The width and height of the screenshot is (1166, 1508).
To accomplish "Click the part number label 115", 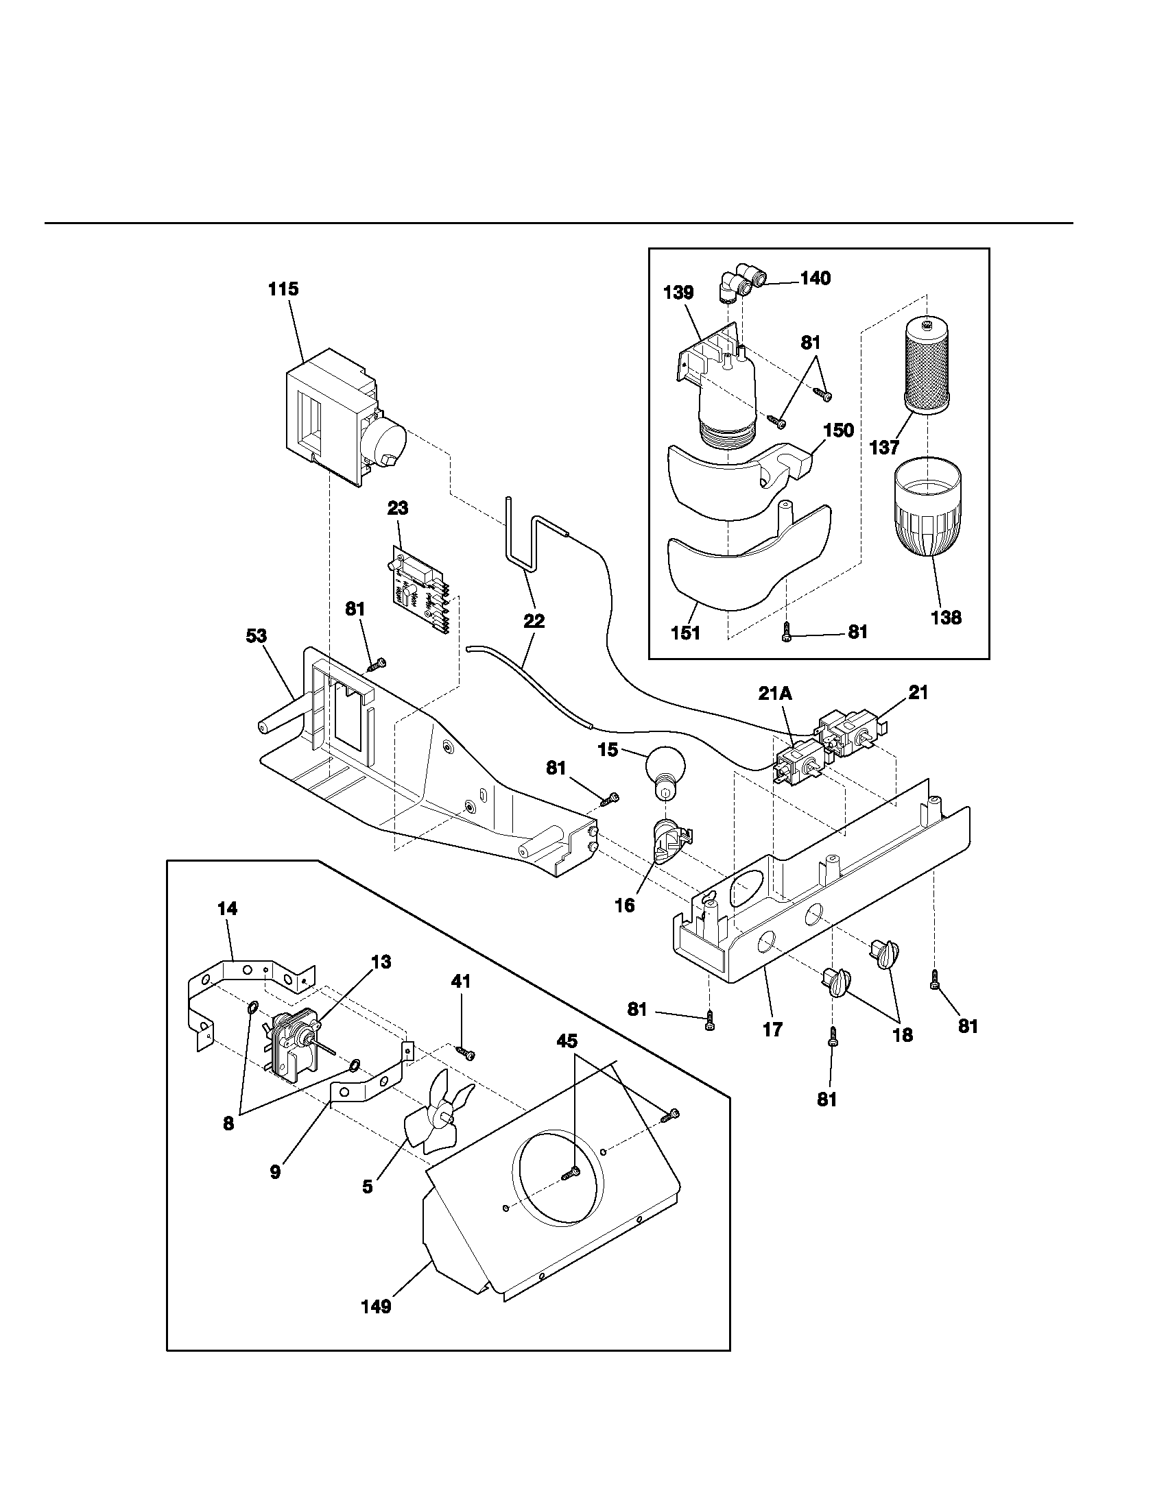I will coord(283,289).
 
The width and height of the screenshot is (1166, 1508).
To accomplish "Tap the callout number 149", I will coord(377,1306).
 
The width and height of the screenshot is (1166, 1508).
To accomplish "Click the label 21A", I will coord(775,694).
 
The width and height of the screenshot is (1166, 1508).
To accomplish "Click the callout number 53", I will coord(257,636).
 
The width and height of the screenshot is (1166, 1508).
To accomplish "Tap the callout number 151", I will coord(685,632).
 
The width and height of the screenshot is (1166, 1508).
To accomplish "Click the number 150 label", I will coord(838,430).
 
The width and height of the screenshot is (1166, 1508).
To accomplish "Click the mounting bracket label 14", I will coord(227,909).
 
